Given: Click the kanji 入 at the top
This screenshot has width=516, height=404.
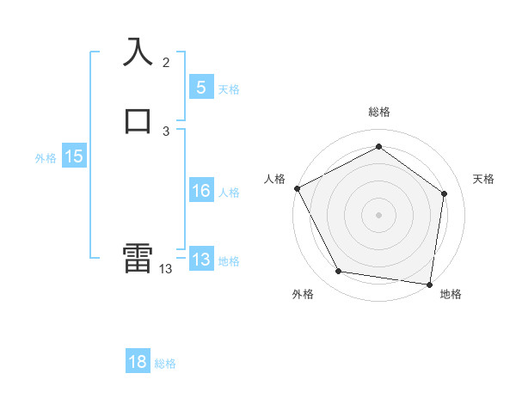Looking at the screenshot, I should pyautogui.click(x=138, y=52).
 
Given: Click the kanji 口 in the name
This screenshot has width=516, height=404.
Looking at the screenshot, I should pyautogui.click(x=138, y=119).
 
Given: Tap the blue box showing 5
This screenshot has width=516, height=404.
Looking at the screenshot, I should pyautogui.click(x=200, y=87).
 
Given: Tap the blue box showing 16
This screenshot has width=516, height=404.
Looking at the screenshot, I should pyautogui.click(x=200, y=191).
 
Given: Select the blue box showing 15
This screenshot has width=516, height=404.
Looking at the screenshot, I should pyautogui.click(x=74, y=156).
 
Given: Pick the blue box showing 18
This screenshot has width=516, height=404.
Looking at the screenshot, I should pyautogui.click(x=138, y=362).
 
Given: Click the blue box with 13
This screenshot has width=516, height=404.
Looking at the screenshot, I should pyautogui.click(x=200, y=260).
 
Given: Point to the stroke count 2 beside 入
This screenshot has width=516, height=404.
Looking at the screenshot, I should pyautogui.click(x=166, y=63).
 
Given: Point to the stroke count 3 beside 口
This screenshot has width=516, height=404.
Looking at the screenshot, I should pyautogui.click(x=166, y=132).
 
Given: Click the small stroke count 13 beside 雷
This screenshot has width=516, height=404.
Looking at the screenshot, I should pyautogui.click(x=166, y=269).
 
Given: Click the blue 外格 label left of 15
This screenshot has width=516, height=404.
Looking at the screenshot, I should pyautogui.click(x=46, y=158).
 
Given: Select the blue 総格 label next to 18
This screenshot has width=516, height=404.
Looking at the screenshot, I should pyautogui.click(x=165, y=364).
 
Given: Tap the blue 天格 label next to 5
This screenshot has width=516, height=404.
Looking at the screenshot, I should pyautogui.click(x=229, y=89).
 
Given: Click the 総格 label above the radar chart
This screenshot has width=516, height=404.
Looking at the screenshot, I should pyautogui.click(x=378, y=112).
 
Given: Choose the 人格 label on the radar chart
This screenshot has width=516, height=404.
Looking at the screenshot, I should pyautogui.click(x=275, y=179).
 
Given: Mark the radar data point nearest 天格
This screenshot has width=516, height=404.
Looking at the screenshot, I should pyautogui.click(x=444, y=193).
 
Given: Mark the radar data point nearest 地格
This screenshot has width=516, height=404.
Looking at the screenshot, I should pyautogui.click(x=430, y=284).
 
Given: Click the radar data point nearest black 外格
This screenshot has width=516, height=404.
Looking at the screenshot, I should pyautogui.click(x=339, y=272).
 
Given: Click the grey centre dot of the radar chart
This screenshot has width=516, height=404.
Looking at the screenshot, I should pyautogui.click(x=378, y=214).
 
